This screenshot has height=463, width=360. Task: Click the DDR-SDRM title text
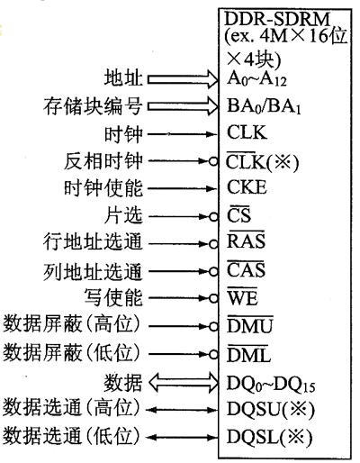[x=276, y=19]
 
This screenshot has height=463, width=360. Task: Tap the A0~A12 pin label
[x=256, y=79]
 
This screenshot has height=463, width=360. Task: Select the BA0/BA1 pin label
[x=264, y=106]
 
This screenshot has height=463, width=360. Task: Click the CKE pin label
[x=247, y=187]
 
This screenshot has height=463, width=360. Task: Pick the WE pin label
[x=242, y=296]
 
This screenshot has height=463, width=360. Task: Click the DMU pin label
[x=250, y=324]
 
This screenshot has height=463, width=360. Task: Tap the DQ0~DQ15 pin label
[x=271, y=384]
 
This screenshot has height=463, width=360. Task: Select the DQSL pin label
[x=269, y=437]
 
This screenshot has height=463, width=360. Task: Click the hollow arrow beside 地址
[x=183, y=79]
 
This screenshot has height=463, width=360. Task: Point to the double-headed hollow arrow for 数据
[x=184, y=383]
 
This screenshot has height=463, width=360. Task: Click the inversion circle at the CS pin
[x=213, y=216]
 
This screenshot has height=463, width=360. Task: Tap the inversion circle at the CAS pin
[x=213, y=272]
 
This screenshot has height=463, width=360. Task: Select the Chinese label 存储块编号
[x=93, y=106]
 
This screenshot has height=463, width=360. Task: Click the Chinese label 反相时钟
[x=103, y=161]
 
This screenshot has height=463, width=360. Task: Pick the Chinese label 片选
[x=123, y=215]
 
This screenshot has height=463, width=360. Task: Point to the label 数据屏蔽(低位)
[x=72, y=352]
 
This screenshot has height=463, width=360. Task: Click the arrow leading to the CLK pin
[x=182, y=134]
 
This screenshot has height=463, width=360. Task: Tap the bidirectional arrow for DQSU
[x=182, y=410]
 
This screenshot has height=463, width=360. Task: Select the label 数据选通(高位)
[x=72, y=408]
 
